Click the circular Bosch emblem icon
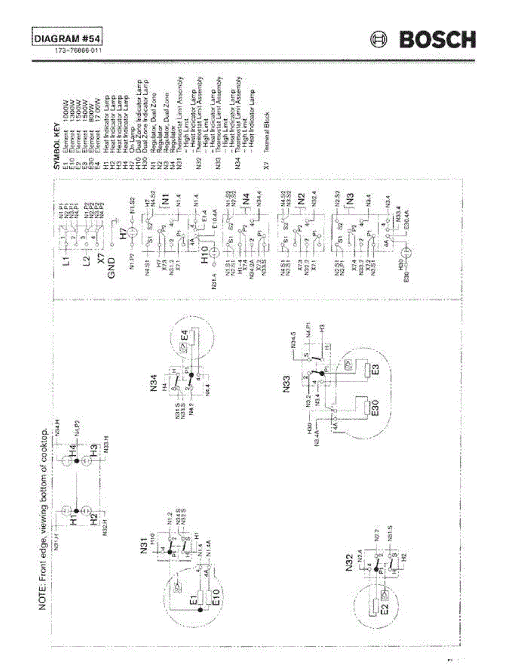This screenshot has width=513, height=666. tap(379, 40)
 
